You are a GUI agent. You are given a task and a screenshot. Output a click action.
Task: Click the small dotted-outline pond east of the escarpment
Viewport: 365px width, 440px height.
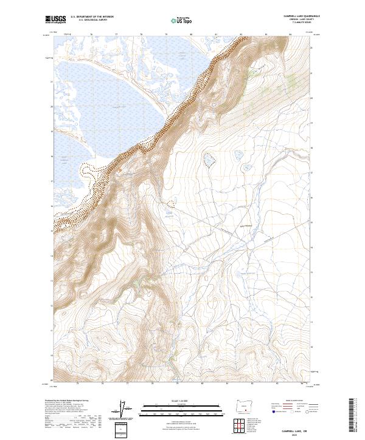(208, 160)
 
